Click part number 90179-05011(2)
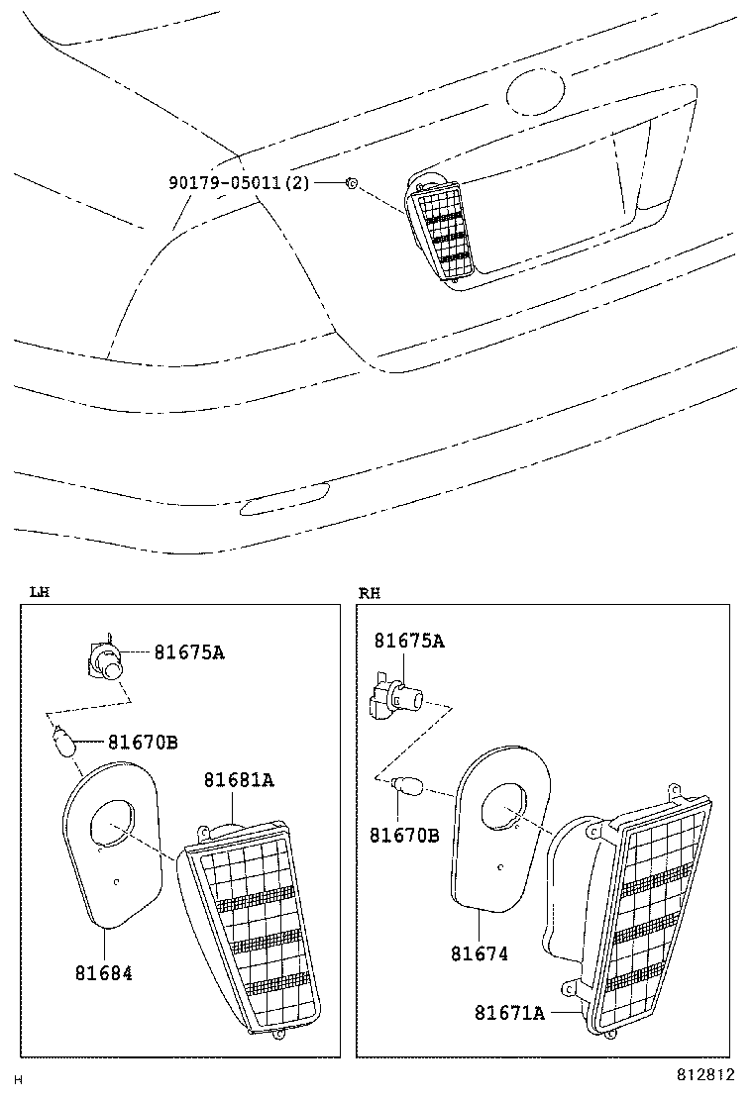[x=239, y=183]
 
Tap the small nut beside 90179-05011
[x=351, y=183]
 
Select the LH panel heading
[x=39, y=592]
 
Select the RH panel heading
[x=369, y=592]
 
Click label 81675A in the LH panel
[x=188, y=651]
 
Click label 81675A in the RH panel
[x=408, y=642]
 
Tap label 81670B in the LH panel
[x=143, y=742]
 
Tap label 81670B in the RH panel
[x=404, y=836]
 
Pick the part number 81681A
[x=239, y=780]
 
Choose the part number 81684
[x=103, y=972]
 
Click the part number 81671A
[x=509, y=1012]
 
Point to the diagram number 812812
[x=705, y=1074]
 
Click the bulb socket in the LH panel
[x=104, y=658]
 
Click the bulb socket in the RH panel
[x=393, y=699]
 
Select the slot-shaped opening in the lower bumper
[x=285, y=501]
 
